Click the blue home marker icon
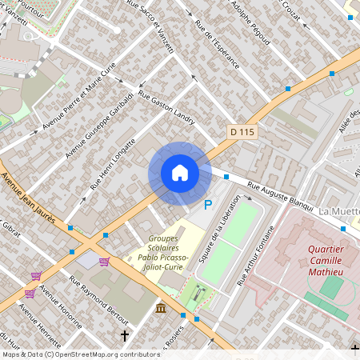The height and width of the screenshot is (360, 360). coord(180,173)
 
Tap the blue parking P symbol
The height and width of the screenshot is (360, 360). coord(208,206)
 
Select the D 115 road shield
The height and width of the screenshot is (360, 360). coord(244,130)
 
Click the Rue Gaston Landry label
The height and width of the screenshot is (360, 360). coord(167,107)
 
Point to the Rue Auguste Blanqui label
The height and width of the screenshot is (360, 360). coord(280,195)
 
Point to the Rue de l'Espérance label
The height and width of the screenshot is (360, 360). coord(217,43)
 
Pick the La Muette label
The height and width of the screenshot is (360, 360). coord(339,211)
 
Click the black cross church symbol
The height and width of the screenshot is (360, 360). coord(124,335)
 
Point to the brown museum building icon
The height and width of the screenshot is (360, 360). coord(161,309)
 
